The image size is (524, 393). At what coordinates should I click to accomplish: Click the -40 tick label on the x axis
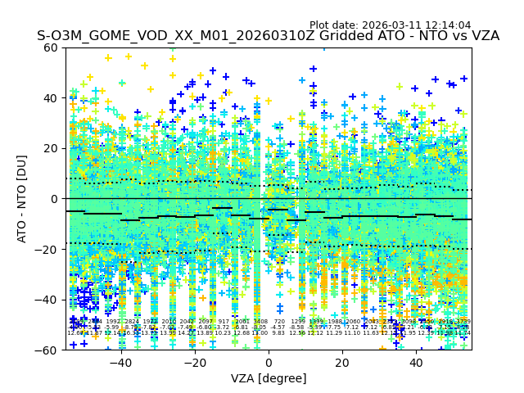[x=120, y=363]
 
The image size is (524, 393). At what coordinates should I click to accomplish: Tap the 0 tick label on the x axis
[x=269, y=363]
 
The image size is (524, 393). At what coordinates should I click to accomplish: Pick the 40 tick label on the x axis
[x=416, y=363]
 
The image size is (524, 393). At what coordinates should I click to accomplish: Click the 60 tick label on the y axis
[x=50, y=47]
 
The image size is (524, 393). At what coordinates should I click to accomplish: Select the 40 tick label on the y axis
[x=50, y=98]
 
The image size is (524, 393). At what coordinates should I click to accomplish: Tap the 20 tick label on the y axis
[x=50, y=148]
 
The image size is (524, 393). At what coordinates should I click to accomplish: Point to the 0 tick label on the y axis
[x=53, y=199]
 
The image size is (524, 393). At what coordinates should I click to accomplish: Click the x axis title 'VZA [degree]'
[x=269, y=378]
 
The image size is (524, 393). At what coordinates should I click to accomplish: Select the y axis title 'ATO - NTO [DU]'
[x=22, y=199]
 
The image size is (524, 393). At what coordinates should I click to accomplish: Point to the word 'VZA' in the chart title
[x=483, y=37]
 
